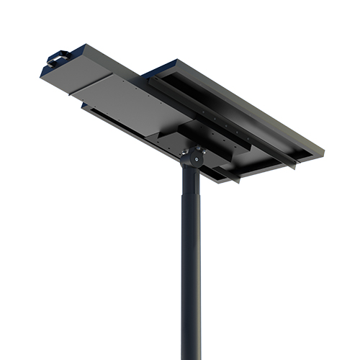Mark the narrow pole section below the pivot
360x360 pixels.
[188, 180]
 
